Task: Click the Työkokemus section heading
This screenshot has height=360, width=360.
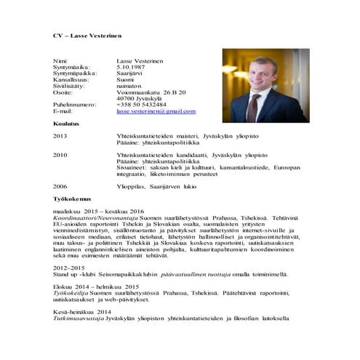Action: click(71, 198)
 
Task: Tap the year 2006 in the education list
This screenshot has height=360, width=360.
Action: click(60, 186)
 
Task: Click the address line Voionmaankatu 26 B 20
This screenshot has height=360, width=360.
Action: click(151, 92)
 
